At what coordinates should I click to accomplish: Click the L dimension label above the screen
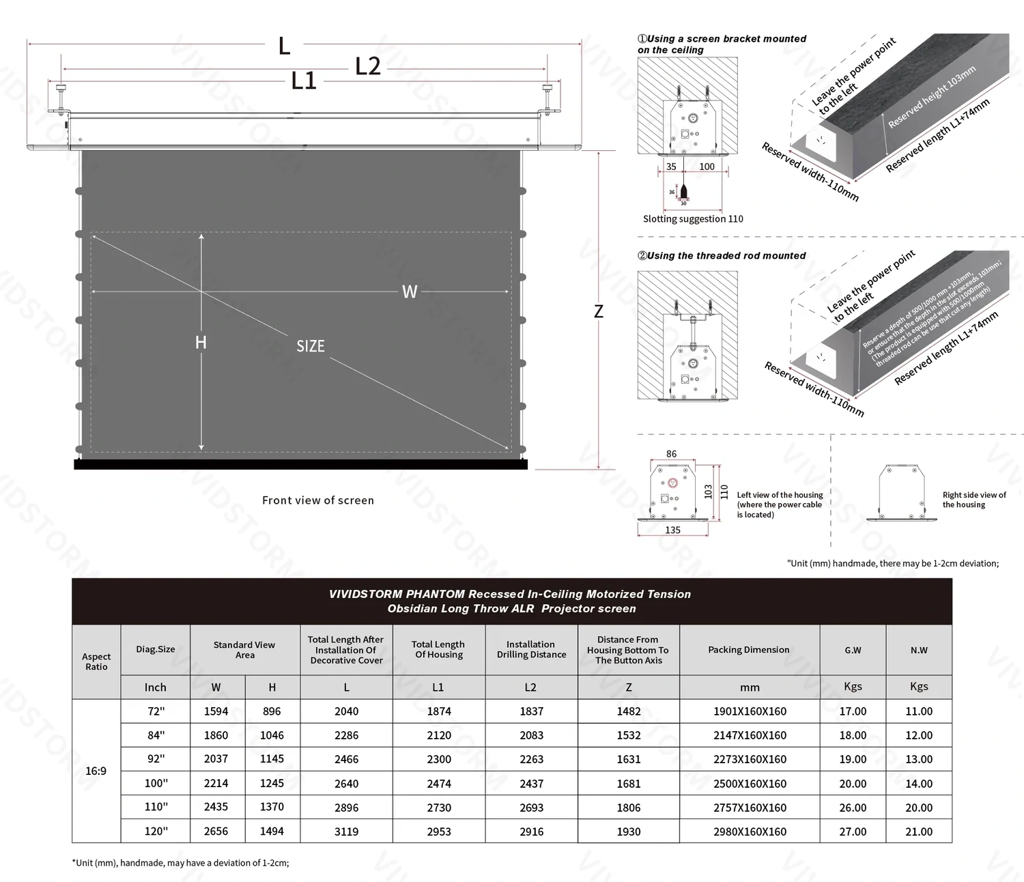285,46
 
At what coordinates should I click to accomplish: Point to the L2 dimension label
368,67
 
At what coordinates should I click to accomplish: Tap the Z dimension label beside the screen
599,312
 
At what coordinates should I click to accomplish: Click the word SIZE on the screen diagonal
311,346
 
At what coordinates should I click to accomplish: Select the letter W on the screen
409,292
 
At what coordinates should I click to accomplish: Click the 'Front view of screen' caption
318,500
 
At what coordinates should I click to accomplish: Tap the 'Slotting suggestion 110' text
693,219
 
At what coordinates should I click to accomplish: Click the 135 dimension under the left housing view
672,530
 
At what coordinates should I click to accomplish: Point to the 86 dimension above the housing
672,454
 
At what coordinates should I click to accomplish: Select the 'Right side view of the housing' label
973,500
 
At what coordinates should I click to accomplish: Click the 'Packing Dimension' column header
749,650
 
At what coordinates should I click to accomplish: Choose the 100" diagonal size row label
156,784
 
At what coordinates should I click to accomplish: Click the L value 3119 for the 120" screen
346,831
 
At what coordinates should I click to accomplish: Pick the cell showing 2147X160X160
750,735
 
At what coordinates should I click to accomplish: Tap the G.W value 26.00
853,808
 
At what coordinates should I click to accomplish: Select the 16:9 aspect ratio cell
96,771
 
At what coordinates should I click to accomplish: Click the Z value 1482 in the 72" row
629,711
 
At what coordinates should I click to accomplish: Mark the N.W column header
919,650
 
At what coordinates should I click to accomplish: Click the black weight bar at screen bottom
300,465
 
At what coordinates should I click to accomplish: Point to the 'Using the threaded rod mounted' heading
722,256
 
